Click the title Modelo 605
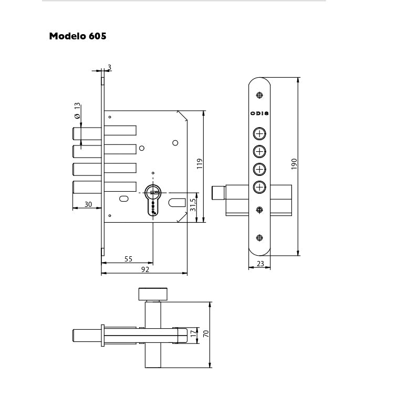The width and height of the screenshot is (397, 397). click(x=78, y=36)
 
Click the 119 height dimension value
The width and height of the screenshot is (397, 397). click(x=200, y=164)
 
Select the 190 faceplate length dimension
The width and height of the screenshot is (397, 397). click(x=294, y=164)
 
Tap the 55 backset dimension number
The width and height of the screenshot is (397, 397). click(x=128, y=259)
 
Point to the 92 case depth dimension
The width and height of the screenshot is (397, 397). click(x=145, y=269)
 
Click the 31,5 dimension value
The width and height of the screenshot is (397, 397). click(x=193, y=205)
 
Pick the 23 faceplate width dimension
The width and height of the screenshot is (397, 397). click(x=260, y=264)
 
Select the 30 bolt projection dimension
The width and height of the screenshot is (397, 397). click(x=88, y=204)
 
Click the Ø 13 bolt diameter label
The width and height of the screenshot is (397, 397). click(x=77, y=110)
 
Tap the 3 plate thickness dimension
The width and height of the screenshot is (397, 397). click(x=109, y=67)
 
